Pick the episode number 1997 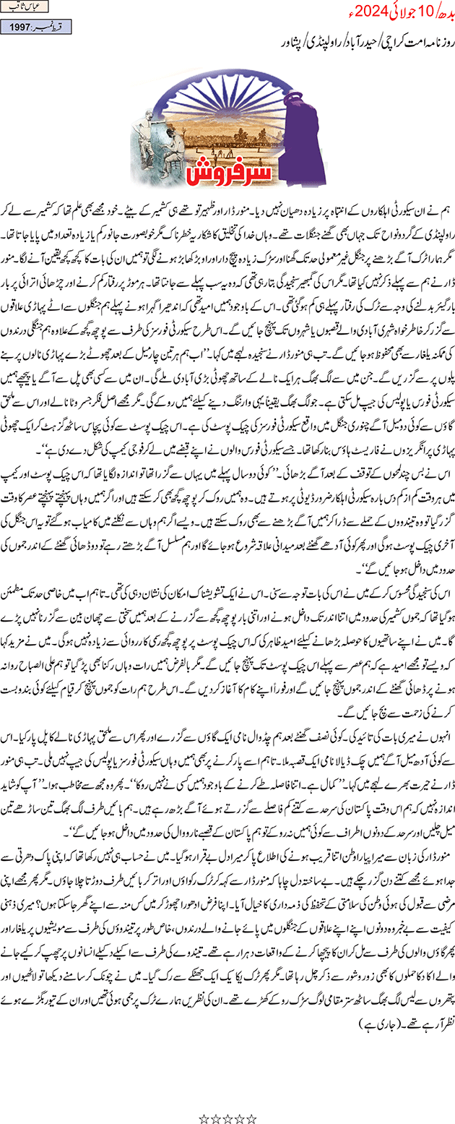(20, 27)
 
